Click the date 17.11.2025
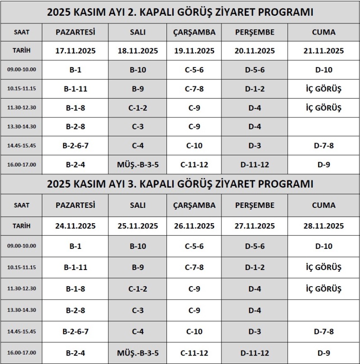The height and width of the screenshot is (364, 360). tap(76, 51)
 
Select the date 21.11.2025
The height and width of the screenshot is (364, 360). tap(324, 51)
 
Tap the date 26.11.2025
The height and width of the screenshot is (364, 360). tap(194, 226)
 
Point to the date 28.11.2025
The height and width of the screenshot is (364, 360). tap(324, 226)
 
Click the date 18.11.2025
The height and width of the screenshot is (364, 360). tap(138, 51)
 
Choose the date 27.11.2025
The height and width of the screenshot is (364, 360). tap(255, 226)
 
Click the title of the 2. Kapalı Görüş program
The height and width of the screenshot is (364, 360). tap(180, 12)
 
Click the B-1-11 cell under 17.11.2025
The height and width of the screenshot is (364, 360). tap(76, 89)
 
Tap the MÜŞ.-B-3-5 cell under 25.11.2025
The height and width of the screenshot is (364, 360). tap(138, 353)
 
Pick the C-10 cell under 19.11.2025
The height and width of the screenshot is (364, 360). tap(194, 145)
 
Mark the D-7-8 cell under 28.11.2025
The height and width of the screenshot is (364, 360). tap(324, 332)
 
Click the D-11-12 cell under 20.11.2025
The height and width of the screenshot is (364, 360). tap(255, 165)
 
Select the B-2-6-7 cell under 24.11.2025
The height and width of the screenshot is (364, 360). tap(76, 332)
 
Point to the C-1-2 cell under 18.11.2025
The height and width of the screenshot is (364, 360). tap(138, 108)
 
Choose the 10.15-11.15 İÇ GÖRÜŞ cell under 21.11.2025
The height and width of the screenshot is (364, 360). tap(324, 89)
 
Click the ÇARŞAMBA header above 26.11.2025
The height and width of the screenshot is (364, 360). tap(194, 205)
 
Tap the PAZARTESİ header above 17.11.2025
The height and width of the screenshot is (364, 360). tap(76, 32)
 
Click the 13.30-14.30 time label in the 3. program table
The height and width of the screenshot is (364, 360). tap(22, 310)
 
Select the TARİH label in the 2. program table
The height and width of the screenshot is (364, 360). tap(22, 50)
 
